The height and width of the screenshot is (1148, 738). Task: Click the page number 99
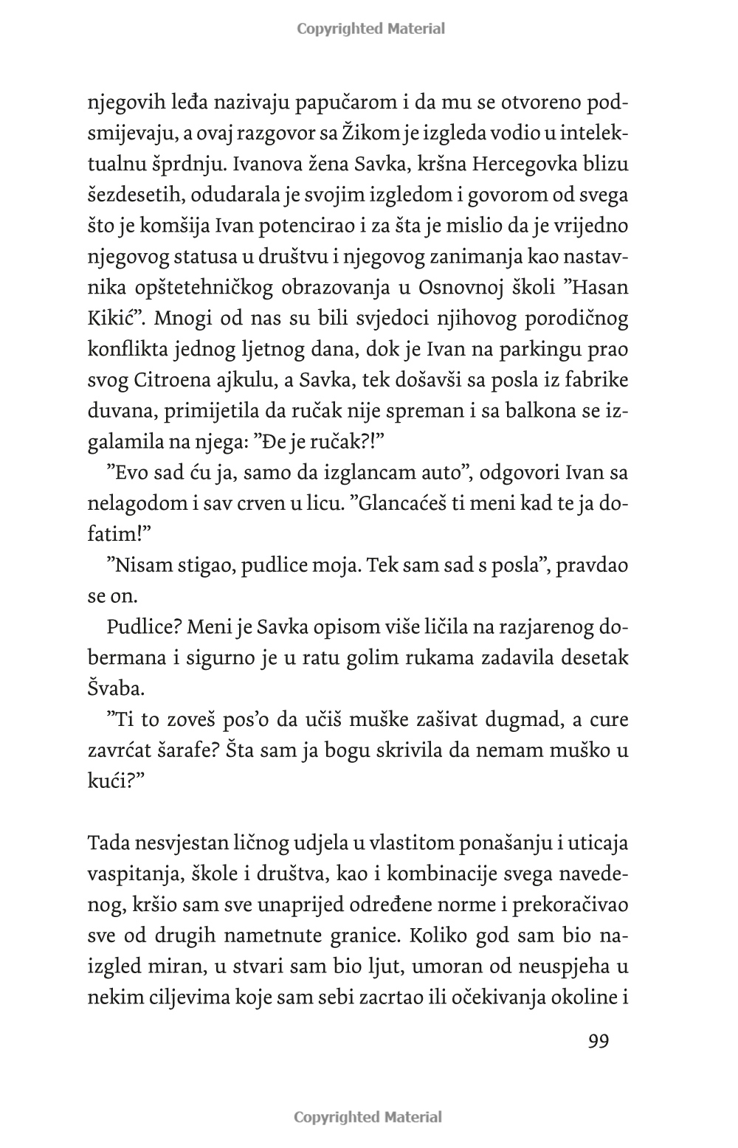coord(599,1041)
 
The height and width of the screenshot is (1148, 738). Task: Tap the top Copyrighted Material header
coord(370,29)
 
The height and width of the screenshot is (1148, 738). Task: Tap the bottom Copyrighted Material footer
coord(368,1117)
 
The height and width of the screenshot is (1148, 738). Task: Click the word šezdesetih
coord(126,195)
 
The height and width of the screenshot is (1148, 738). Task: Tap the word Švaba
coord(117,688)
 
